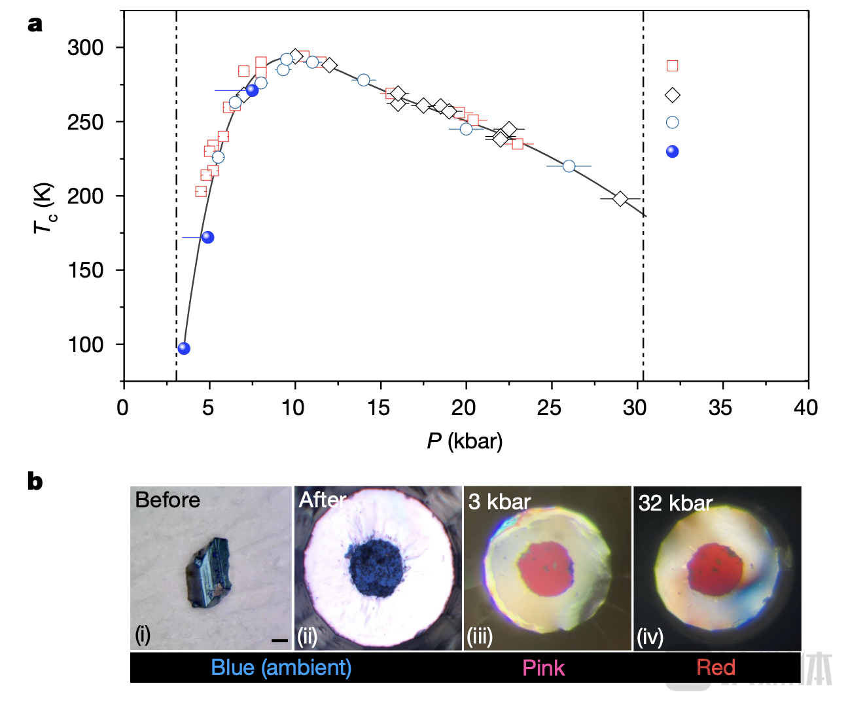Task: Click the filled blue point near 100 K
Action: [x=184, y=348]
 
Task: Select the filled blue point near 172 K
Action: [x=207, y=237]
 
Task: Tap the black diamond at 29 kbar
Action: [x=620, y=198]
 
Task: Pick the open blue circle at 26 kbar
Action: [x=569, y=166]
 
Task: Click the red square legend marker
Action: [x=672, y=65]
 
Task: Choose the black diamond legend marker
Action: [x=672, y=95]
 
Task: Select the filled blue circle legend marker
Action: [x=672, y=152]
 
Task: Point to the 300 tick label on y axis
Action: [x=86, y=48]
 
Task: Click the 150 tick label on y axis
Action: [x=86, y=270]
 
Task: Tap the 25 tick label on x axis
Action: [x=548, y=408]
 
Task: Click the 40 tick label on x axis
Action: [x=805, y=408]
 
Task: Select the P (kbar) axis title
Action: [x=465, y=441]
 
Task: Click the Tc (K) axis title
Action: [x=44, y=208]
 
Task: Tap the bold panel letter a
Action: [x=35, y=24]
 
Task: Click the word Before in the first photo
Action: [x=168, y=500]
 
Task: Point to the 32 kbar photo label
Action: [x=675, y=503]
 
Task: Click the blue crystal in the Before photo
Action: [x=208, y=571]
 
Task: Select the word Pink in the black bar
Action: [x=543, y=668]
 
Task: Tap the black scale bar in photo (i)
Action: [x=279, y=640]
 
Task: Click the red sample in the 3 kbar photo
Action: [x=546, y=566]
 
